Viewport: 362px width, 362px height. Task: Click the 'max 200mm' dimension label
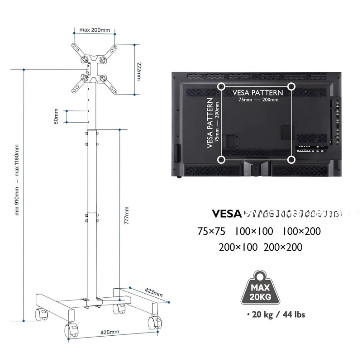pos(95,30)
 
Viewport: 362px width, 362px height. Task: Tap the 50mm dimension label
pos(56,116)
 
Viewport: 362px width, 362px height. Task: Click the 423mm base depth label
pos(153,292)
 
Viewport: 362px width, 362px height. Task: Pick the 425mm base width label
pos(110,332)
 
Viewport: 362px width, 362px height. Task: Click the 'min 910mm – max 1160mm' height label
pos(17,180)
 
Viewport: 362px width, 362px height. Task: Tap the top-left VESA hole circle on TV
pos(221,86)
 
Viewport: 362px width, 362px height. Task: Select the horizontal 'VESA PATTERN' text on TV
pos(257,92)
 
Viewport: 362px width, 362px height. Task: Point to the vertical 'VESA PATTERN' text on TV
pos(210,123)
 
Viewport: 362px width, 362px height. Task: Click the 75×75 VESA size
pos(211,231)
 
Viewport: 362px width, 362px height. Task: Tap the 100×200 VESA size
pos(301,231)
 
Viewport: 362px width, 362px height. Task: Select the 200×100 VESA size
pos(238,247)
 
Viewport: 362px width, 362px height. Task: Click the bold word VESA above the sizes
pos(226,214)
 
